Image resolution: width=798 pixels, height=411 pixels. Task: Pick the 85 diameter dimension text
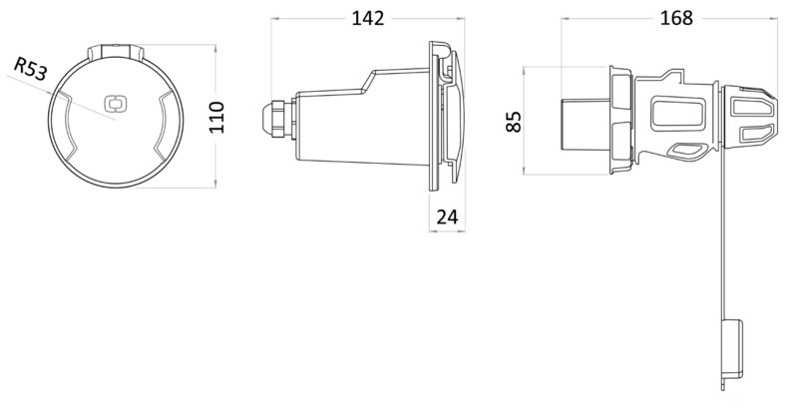(513, 122)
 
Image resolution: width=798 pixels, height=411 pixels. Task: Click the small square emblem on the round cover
(116, 103)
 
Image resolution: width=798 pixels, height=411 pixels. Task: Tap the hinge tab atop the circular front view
(116, 50)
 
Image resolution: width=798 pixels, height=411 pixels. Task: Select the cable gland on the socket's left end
(271, 118)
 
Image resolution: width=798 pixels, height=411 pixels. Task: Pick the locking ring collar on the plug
(618, 121)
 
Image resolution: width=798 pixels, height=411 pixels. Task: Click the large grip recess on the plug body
(678, 114)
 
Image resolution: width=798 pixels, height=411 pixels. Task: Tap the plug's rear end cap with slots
(753, 118)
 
